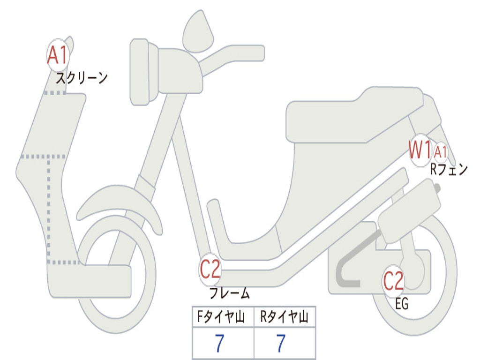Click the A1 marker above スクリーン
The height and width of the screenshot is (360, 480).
[x=58, y=55]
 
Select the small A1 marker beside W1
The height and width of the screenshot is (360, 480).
[x=441, y=152]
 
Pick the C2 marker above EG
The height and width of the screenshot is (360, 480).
[x=393, y=281]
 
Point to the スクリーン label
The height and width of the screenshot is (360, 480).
[x=82, y=78]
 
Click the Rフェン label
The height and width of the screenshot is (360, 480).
[x=449, y=169]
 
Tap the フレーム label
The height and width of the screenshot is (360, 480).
[x=229, y=293]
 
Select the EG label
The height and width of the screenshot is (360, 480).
[x=402, y=305]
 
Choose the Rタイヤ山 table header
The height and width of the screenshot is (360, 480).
[x=285, y=318]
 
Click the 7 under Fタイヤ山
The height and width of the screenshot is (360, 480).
[x=219, y=344]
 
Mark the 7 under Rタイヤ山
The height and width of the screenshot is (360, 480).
[x=281, y=344]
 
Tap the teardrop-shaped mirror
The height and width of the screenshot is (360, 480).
[x=198, y=32]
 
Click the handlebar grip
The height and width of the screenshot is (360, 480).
[x=248, y=52]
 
